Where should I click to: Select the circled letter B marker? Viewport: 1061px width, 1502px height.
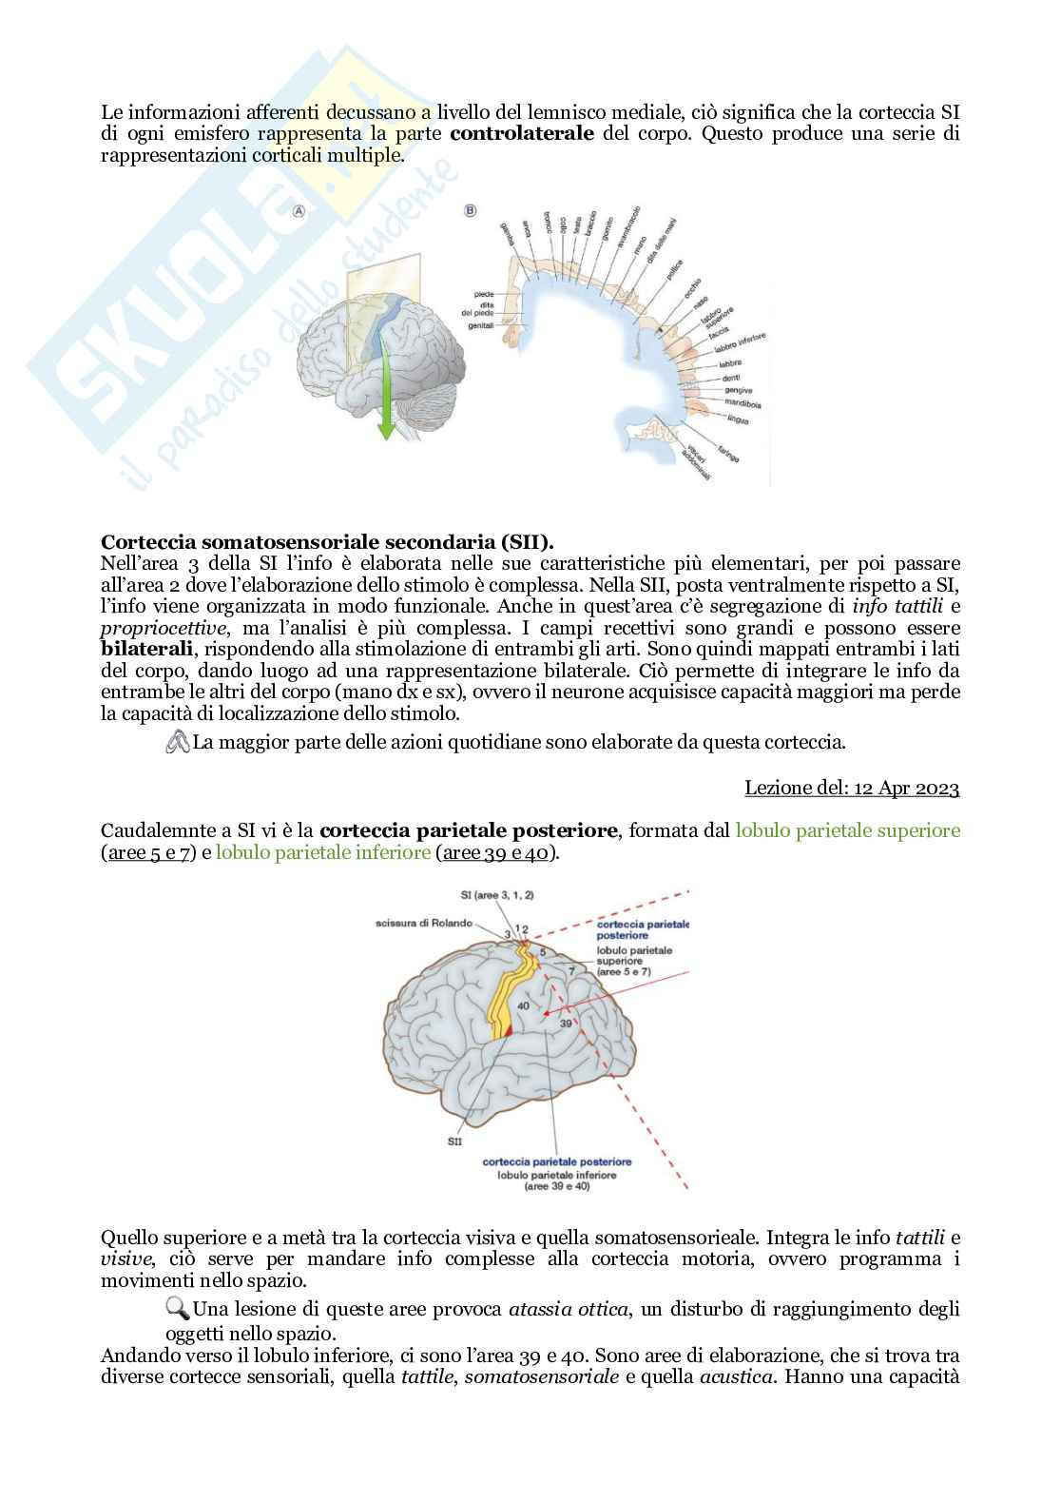tap(470, 210)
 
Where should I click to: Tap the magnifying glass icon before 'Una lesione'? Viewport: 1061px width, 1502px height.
tap(178, 1309)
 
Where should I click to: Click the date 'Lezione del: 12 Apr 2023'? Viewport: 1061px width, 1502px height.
tap(852, 788)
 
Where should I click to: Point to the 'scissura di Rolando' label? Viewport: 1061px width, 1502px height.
tap(423, 924)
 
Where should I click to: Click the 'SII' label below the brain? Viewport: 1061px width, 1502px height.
tap(454, 1141)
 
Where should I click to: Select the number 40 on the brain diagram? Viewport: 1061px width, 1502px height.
tap(523, 1005)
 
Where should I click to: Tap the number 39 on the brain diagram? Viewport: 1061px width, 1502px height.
tap(566, 1023)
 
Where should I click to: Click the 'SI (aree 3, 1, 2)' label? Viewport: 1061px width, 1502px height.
tap(496, 895)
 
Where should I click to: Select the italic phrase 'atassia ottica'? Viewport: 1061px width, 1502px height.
tap(569, 1310)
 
